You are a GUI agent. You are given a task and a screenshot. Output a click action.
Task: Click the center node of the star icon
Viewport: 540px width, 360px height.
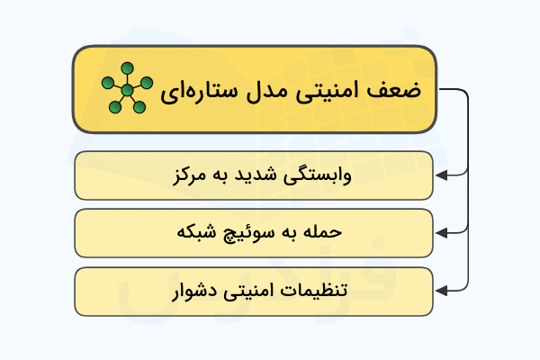pos(127,90)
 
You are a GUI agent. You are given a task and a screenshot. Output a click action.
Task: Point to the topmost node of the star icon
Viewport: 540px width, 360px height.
pos(128,67)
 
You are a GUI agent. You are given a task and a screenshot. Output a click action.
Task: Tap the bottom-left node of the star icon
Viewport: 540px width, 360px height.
pos(114,108)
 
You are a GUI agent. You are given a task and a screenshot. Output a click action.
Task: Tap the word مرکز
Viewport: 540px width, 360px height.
pos(190,175)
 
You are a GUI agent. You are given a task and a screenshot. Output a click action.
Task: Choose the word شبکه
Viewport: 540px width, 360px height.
pos(193,233)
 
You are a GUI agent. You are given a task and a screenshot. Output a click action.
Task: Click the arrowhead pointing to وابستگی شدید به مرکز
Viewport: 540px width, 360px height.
pos(440,174)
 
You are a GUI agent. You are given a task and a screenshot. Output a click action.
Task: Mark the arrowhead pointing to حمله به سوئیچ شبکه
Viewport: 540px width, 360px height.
pos(440,232)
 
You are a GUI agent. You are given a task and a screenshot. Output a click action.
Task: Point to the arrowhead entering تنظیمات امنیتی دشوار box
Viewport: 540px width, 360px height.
pos(440,291)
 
